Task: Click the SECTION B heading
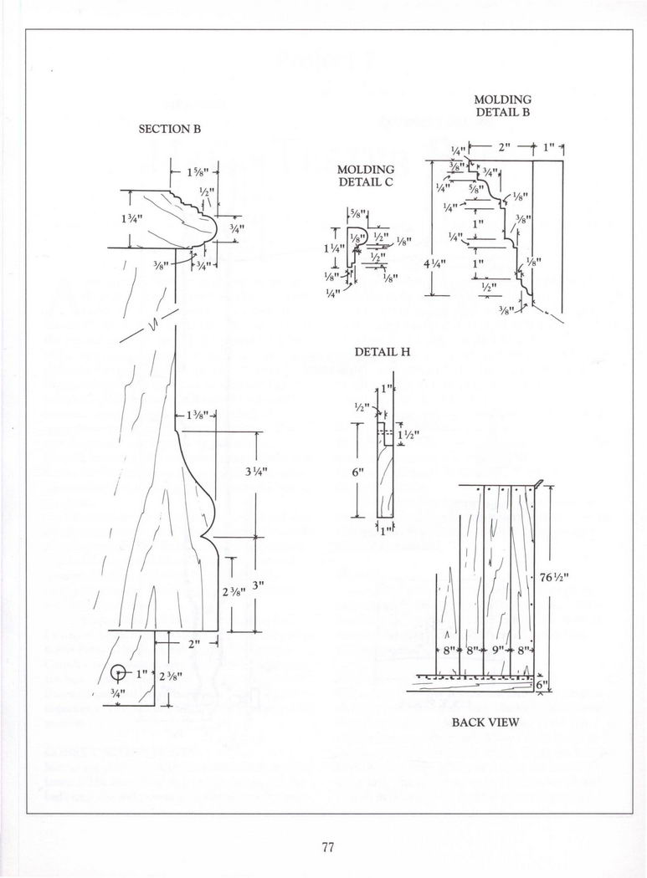click(170, 130)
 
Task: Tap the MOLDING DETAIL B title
click(503, 105)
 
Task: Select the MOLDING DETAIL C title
click(366, 176)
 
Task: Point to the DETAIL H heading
click(383, 353)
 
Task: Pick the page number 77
click(327, 847)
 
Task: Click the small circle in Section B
click(119, 673)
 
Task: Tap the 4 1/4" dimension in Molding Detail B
click(434, 262)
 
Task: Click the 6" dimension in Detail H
click(357, 472)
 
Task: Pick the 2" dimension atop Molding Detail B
click(505, 148)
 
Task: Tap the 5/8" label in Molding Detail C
click(357, 214)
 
